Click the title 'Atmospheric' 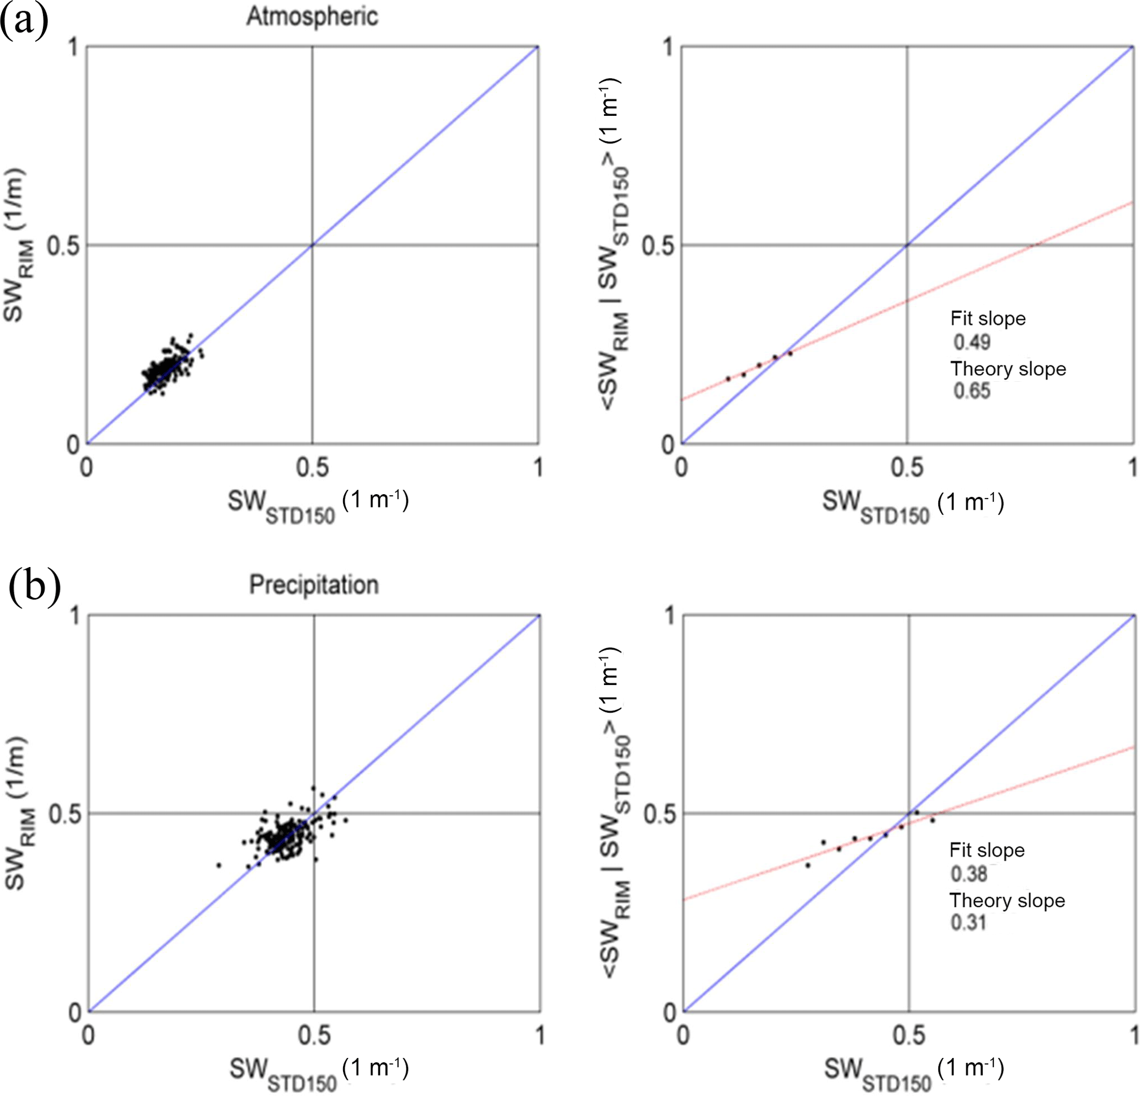click(x=312, y=17)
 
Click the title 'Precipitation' click(x=313, y=585)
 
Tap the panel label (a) click(x=24, y=22)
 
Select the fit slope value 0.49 click(x=971, y=342)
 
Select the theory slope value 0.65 click(x=971, y=391)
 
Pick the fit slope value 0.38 click(x=969, y=874)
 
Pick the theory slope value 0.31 click(x=968, y=923)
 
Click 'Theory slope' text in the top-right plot click(x=1008, y=369)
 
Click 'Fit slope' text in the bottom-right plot click(x=987, y=850)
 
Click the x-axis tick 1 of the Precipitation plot click(x=540, y=1036)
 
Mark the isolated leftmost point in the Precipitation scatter click(x=219, y=865)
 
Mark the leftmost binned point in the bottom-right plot click(x=808, y=865)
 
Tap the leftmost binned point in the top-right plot click(x=728, y=379)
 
